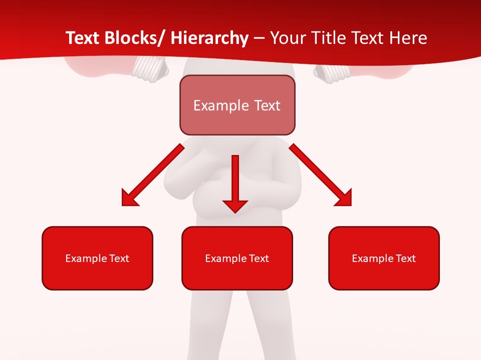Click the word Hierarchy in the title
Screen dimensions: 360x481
(209, 38)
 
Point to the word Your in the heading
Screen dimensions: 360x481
(288, 38)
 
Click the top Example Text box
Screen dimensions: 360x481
(237, 105)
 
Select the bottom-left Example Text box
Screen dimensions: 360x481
(97, 258)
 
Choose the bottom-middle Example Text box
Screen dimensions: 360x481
(237, 258)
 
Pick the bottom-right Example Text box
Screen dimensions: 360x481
(384, 258)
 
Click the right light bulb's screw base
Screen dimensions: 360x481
(328, 72)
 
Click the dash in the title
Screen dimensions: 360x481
(259, 38)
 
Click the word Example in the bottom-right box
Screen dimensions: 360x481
(371, 258)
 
